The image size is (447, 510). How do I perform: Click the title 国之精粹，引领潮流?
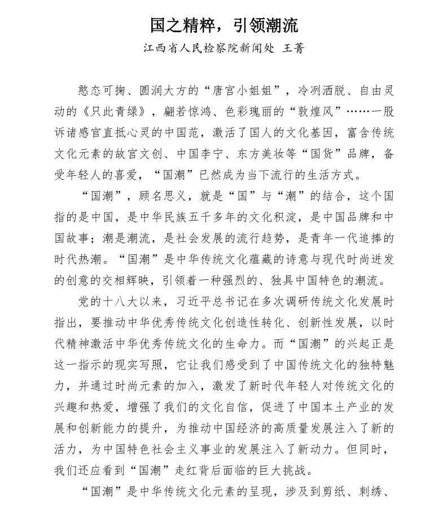(224, 25)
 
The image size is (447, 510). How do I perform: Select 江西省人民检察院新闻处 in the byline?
(208, 49)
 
